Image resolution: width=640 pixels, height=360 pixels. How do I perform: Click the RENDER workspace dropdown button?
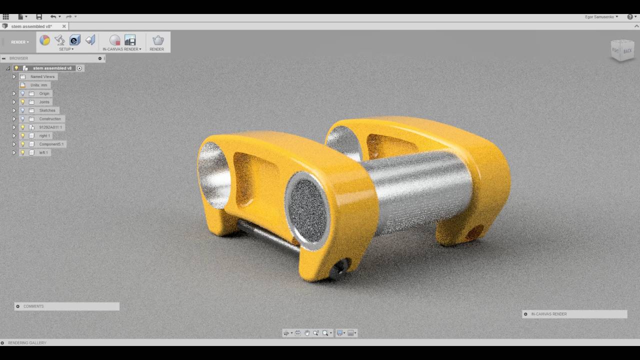click(x=20, y=42)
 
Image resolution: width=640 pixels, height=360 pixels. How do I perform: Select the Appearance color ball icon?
click(x=45, y=40)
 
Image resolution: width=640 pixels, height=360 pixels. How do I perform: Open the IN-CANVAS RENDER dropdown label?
click(x=121, y=49)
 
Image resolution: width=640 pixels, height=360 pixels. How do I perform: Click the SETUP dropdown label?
click(x=66, y=49)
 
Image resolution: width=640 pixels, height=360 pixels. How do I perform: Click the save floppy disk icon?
click(x=39, y=16)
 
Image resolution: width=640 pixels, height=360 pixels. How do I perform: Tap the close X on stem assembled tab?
click(x=64, y=26)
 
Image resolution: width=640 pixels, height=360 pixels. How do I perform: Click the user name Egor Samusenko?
click(x=601, y=16)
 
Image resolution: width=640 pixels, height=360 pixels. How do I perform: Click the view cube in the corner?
click(x=622, y=50)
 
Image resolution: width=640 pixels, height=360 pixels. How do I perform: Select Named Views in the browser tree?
click(x=42, y=76)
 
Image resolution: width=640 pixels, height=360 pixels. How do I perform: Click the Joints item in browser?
click(x=44, y=102)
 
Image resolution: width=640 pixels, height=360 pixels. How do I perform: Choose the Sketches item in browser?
click(x=47, y=110)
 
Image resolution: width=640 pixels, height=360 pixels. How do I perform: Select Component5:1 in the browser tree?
click(x=51, y=144)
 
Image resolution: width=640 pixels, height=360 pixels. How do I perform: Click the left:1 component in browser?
click(x=43, y=152)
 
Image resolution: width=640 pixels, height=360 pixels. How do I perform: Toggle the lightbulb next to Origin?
click(x=22, y=93)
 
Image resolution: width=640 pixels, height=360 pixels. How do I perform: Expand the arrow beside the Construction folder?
click(x=14, y=119)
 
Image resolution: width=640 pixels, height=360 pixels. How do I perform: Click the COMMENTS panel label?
click(x=33, y=306)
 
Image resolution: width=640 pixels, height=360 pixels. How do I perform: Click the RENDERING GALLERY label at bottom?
click(x=27, y=343)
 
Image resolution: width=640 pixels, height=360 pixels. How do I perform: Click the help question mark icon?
click(x=629, y=16)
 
